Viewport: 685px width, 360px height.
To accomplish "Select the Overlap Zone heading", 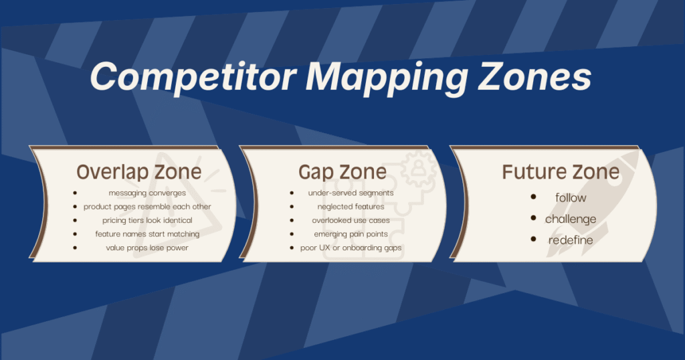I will [138, 171].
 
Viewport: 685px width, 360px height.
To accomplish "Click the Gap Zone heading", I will [342, 171].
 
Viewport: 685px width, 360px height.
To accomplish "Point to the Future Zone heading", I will [561, 171].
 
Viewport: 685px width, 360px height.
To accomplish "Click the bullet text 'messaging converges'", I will [147, 193].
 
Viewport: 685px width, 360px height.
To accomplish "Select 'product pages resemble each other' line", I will [147, 207].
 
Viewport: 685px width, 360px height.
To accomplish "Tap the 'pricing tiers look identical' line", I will [147, 220].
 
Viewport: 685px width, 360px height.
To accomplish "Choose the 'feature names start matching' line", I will [147, 234].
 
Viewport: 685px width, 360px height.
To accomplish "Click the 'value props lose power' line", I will [147, 248].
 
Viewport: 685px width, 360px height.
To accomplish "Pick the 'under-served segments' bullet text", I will [351, 193].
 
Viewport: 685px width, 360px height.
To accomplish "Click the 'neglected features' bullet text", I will [351, 207].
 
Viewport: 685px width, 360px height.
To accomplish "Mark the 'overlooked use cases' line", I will [351, 220].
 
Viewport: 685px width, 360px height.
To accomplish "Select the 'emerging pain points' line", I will [351, 234].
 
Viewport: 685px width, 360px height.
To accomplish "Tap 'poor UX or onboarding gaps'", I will [351, 248].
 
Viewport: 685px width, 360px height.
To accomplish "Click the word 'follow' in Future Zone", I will [571, 197].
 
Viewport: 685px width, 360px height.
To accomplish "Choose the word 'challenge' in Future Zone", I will [571, 219].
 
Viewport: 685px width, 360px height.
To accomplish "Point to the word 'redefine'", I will [571, 240].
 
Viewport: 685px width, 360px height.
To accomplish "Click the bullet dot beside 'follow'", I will [533, 197].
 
